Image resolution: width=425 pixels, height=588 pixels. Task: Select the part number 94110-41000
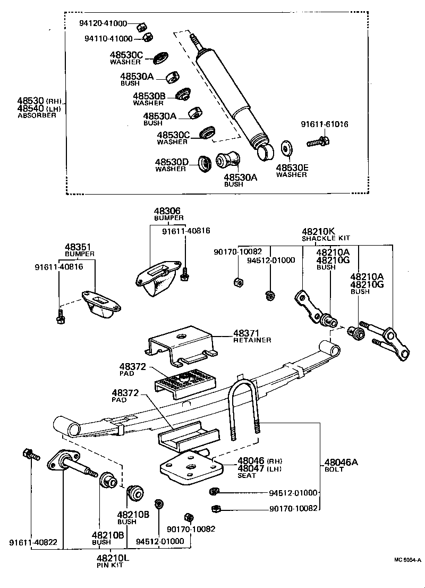pyautogui.click(x=108, y=39)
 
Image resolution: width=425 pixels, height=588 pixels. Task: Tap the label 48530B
pyautogui.click(x=149, y=96)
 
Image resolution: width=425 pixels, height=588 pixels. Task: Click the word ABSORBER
pyautogui.click(x=37, y=115)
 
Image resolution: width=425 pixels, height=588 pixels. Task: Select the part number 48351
pyautogui.click(x=79, y=247)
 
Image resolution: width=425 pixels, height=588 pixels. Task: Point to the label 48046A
pyautogui.click(x=341, y=463)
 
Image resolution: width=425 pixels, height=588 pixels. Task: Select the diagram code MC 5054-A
pyautogui.click(x=407, y=559)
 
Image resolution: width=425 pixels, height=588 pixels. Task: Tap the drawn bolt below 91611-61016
pyautogui.click(x=318, y=142)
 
